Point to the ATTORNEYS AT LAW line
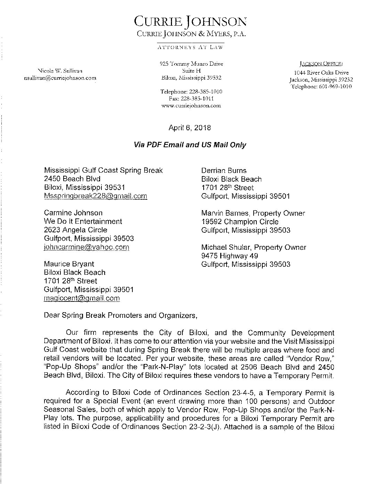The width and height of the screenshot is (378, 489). click(x=190, y=47)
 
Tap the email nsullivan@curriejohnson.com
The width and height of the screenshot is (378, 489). click(x=58, y=78)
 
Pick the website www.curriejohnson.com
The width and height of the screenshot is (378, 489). click(x=191, y=106)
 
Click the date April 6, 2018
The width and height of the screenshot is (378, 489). click(x=189, y=128)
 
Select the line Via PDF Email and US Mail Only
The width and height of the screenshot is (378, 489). click(x=190, y=145)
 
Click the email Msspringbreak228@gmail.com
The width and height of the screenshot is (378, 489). click(x=96, y=196)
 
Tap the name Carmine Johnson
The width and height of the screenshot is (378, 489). click(x=73, y=213)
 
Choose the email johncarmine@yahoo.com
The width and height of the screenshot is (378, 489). click(x=87, y=247)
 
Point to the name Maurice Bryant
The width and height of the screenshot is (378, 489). click(x=69, y=264)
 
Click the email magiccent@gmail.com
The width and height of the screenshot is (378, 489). click(x=82, y=298)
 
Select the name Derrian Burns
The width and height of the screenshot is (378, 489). click(x=224, y=171)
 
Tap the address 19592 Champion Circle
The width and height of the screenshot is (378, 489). click(x=240, y=222)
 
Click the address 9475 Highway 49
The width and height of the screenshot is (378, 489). click(x=230, y=256)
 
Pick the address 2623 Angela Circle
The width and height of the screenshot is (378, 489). click(x=76, y=230)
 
